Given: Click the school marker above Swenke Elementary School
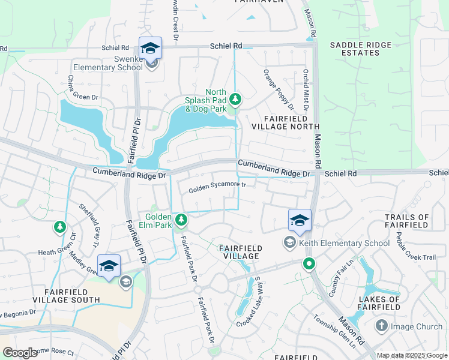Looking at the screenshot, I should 150,48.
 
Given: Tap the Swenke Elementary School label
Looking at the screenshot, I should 108,67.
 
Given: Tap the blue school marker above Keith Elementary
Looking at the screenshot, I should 300,220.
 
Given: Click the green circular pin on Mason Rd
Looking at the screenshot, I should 309,263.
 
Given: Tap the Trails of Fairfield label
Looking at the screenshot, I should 407,221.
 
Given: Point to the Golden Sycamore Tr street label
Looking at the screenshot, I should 217,188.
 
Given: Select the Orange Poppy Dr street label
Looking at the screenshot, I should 278,90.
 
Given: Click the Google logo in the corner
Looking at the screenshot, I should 20,352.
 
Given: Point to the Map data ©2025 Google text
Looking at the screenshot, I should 411,355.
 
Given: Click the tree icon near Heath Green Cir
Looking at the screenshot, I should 59,227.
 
